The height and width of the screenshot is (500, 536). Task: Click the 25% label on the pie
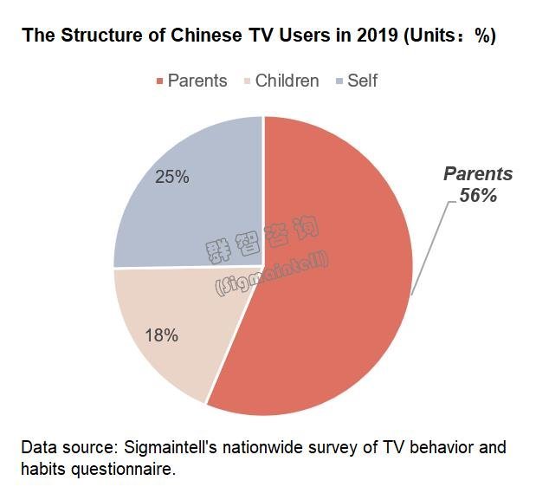coord(171,177)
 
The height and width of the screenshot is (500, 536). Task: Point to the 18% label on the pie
coord(161,335)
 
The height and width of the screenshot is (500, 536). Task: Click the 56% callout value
coord(478,196)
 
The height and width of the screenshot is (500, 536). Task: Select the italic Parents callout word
coord(478,174)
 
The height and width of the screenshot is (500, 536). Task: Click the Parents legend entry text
coord(197,81)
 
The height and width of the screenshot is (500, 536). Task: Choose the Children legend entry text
coord(287,81)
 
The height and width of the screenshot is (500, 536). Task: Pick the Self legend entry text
coord(362,81)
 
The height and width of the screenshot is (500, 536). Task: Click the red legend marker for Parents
coord(159,81)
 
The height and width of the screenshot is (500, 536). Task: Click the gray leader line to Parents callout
coord(429,247)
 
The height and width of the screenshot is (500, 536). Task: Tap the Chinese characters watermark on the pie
coord(262,239)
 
